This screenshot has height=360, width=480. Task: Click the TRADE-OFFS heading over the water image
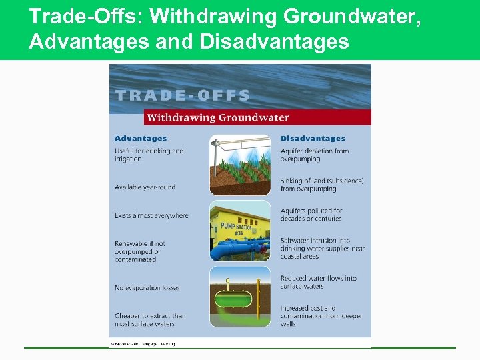[x=182, y=95]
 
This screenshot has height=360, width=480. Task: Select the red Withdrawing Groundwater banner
[x=257, y=117]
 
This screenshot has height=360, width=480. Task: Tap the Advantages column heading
[x=141, y=139]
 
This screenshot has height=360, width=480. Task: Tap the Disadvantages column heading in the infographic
[x=313, y=139]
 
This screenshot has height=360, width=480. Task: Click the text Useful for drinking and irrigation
[x=149, y=155]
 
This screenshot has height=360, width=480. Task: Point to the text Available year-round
[x=145, y=187]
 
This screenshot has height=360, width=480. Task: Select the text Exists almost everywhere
[x=151, y=215]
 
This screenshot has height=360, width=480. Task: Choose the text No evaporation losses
[x=147, y=288]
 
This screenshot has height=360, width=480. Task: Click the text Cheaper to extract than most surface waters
[x=149, y=320]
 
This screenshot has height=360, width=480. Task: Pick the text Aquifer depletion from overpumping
[x=314, y=155]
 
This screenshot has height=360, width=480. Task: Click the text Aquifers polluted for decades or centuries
[x=311, y=215]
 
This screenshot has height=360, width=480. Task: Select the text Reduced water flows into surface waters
[x=318, y=282]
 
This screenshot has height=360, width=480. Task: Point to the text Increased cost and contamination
[x=321, y=316]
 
